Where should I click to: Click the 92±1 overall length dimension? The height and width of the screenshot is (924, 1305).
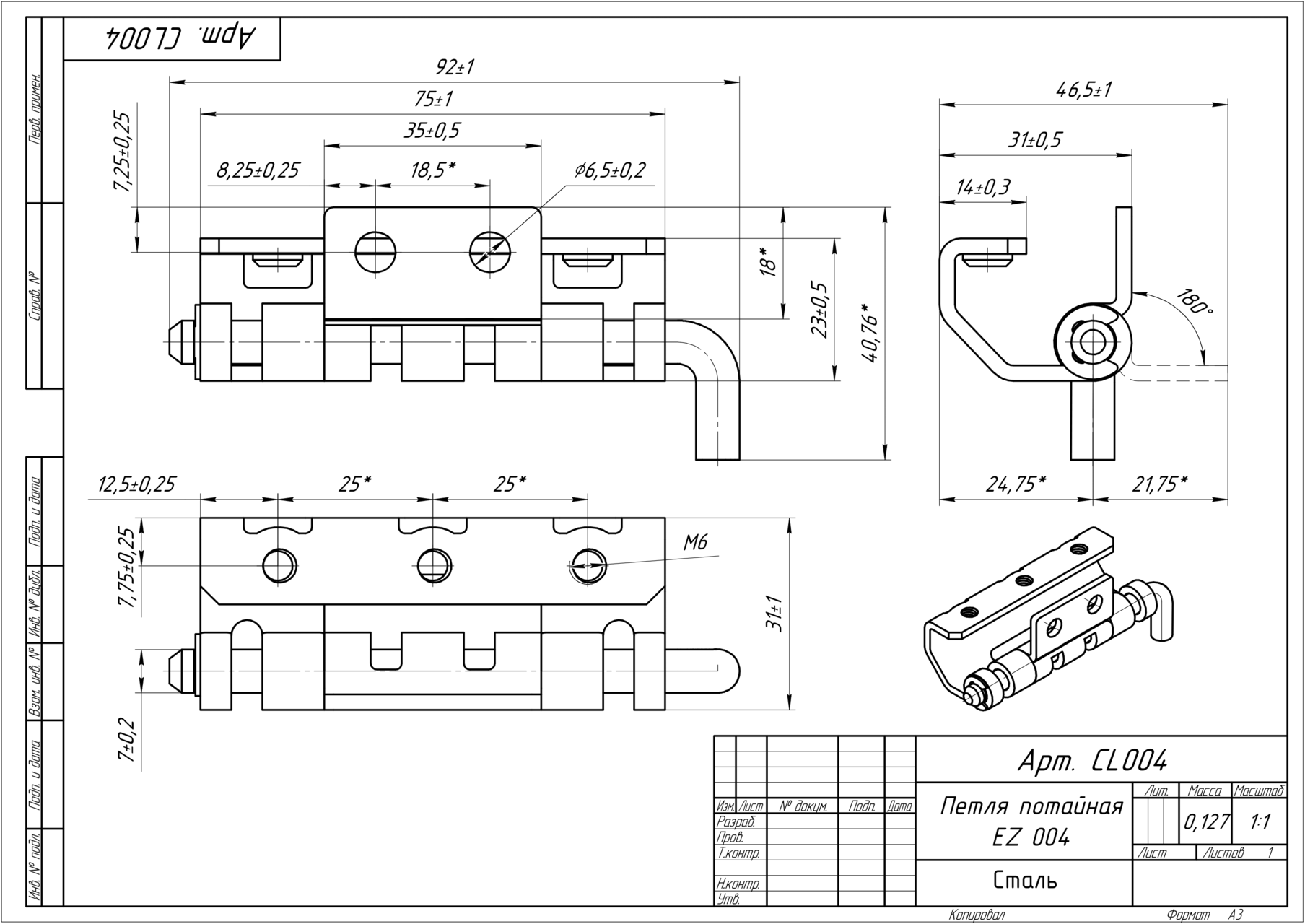point(455,68)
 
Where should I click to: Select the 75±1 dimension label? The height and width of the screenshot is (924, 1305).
point(433,99)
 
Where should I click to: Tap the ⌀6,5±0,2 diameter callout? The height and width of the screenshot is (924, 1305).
point(610,170)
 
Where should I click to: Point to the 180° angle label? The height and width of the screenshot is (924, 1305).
point(1195,302)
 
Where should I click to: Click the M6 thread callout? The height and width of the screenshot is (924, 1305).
point(695,543)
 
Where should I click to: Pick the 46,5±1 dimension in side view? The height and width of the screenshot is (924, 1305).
point(1083,90)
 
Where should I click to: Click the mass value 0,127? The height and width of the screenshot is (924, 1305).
point(1205,822)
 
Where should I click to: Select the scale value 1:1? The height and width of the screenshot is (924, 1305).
point(1260,822)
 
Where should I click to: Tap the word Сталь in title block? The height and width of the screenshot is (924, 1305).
point(1025,881)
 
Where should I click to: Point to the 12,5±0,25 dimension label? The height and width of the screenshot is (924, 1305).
point(136,484)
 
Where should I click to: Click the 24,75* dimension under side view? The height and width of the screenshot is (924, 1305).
point(1016,484)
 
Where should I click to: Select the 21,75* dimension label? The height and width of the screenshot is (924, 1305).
point(1160,484)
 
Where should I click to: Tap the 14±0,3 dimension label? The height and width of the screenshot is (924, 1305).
point(982,187)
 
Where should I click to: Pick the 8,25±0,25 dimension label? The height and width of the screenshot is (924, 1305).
point(258,171)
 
